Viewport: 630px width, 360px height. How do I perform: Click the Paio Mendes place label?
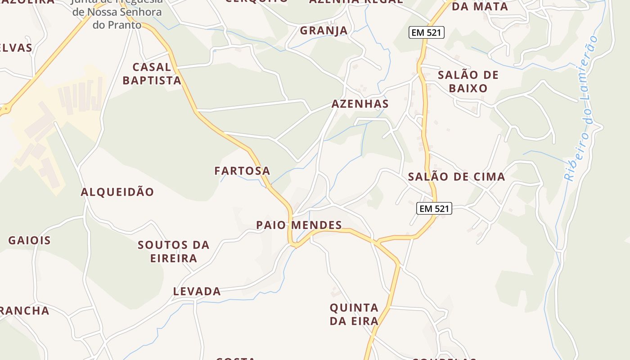[299, 225]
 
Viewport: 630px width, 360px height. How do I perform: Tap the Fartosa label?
[242, 171]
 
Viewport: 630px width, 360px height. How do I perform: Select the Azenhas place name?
[360, 104]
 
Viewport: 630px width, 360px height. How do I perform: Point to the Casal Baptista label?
[152, 74]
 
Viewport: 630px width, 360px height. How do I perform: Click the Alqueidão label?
[117, 192]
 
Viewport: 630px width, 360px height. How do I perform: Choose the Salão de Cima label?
[456, 177]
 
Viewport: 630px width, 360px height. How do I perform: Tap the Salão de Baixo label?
[468, 81]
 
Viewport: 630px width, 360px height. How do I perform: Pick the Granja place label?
[324, 31]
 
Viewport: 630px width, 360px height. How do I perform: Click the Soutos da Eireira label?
[174, 252]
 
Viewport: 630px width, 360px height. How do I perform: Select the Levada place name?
[197, 292]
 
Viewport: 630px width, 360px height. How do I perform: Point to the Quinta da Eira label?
[354, 315]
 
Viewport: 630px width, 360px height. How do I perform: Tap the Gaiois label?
[29, 240]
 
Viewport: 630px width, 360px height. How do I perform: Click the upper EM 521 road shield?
[426, 32]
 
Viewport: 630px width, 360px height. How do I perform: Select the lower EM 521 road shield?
[433, 209]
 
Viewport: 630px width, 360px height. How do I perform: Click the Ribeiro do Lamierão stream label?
[583, 108]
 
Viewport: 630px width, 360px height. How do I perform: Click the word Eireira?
[174, 258]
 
